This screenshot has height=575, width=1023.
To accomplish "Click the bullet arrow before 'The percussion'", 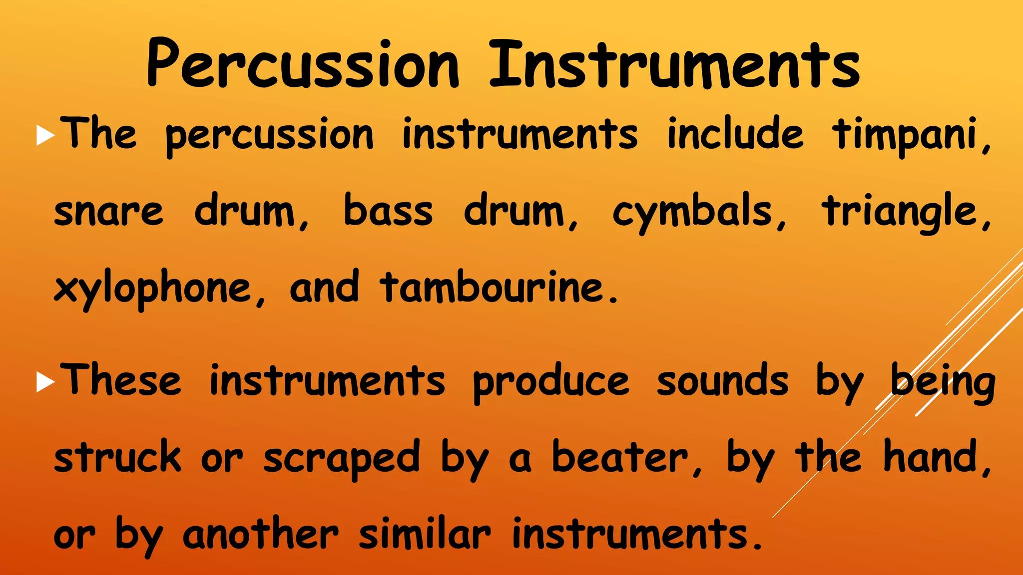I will pyautogui.click(x=45, y=136).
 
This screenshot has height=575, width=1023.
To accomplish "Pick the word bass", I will pyautogui.click(x=388, y=211).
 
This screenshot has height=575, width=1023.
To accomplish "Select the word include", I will pyautogui.click(x=735, y=134).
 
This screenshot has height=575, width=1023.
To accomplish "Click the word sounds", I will pyautogui.click(x=722, y=382).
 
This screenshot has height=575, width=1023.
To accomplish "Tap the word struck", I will pyautogui.click(x=117, y=457).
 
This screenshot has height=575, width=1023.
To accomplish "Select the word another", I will pyautogui.click(x=261, y=535).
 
